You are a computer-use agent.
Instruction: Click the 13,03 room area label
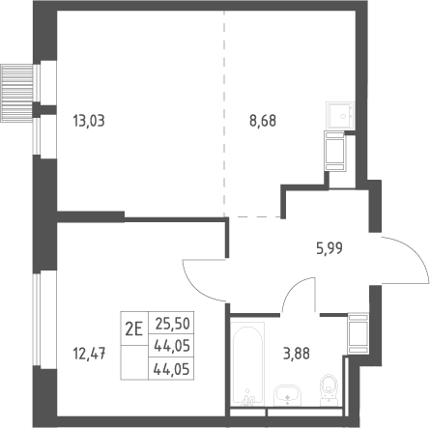tap(89, 121)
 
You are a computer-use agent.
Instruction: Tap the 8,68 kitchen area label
tap(263, 121)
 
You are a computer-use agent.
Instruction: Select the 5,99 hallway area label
tap(330, 248)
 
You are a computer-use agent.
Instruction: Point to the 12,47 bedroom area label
tap(90, 354)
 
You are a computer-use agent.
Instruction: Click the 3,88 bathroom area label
tap(297, 354)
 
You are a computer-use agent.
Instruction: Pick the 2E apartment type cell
tap(134, 328)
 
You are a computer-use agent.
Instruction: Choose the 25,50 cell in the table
tap(171, 323)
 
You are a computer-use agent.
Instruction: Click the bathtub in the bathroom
tap(247, 364)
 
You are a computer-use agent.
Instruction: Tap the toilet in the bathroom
tap(329, 390)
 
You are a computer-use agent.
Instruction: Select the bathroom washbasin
tap(287, 395)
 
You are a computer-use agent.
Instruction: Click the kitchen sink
tap(340, 116)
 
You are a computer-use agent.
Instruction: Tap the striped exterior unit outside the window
tap(16, 93)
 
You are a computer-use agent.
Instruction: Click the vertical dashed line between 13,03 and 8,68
tap(224, 114)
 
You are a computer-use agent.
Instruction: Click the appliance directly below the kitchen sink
tap(335, 151)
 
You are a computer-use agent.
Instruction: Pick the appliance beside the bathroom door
tap(358, 333)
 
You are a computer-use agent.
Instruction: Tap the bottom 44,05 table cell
tap(171, 368)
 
